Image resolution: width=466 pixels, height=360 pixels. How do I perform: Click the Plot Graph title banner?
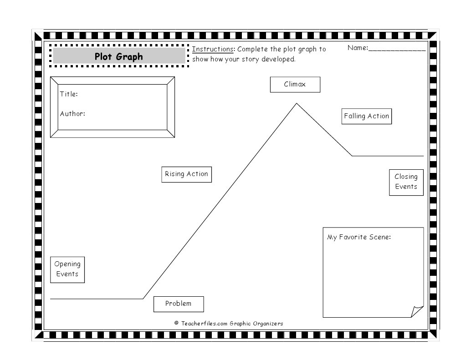click(118, 56)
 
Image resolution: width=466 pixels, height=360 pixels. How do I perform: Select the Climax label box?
click(295, 84)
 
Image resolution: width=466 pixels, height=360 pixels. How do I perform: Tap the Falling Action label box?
click(366, 116)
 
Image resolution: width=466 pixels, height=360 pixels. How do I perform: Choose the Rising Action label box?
click(186, 174)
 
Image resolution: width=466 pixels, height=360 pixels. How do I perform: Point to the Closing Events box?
click(406, 182)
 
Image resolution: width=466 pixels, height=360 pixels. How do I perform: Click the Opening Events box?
click(67, 269)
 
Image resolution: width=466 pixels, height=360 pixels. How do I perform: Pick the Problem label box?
click(178, 304)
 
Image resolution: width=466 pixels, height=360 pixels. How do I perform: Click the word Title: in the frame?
click(69, 94)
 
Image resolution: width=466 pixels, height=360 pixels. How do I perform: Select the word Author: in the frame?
click(72, 114)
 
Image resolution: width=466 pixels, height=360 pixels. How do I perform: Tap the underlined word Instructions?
click(213, 49)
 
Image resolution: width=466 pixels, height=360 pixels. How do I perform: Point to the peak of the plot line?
click(297, 104)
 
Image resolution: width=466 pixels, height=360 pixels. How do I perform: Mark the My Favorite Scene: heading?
click(359, 237)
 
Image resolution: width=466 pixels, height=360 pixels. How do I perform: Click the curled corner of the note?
click(417, 311)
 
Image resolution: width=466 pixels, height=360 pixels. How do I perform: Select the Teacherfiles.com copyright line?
click(229, 324)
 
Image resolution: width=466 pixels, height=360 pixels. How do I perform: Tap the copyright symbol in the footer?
click(176, 323)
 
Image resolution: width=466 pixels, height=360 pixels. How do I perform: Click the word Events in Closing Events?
click(406, 187)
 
